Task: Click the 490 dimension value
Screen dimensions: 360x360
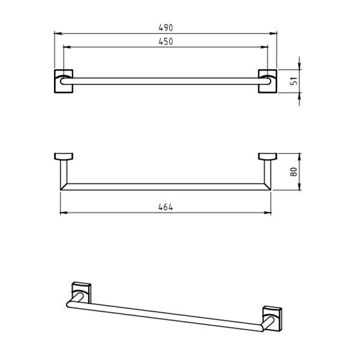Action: pyautogui.click(x=166, y=28)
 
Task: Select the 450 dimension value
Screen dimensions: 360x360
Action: pyautogui.click(x=166, y=41)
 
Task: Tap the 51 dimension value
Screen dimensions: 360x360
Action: pyautogui.click(x=294, y=81)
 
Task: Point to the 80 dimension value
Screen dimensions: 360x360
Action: pyautogui.click(x=294, y=171)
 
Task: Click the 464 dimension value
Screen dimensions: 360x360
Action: pyautogui.click(x=166, y=207)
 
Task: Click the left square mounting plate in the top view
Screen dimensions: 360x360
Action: pyautogui.click(x=63, y=81)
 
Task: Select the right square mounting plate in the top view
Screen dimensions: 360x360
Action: pyautogui.click(x=267, y=81)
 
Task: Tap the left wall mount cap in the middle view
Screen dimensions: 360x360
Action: pyautogui.click(x=63, y=156)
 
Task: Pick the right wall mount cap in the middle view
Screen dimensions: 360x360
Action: pyautogui.click(x=267, y=156)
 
